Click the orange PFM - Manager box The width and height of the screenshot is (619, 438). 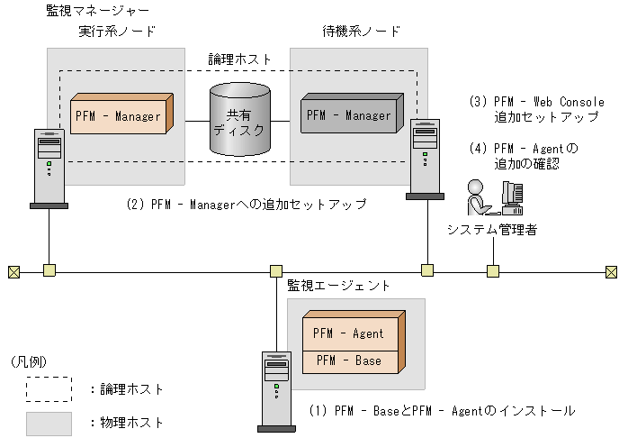[119, 116]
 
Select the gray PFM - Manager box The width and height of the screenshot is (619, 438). [349, 115]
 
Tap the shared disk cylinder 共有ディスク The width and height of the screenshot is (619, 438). [238, 121]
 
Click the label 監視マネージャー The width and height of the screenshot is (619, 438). [98, 11]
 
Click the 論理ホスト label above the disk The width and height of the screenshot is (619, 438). [238, 59]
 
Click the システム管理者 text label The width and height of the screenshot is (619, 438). [492, 230]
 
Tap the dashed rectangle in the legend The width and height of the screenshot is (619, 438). [49, 388]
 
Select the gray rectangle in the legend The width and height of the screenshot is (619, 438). [49, 421]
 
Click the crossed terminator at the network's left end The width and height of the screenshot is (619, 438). [13, 269]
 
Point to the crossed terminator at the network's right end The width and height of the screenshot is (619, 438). [610, 269]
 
